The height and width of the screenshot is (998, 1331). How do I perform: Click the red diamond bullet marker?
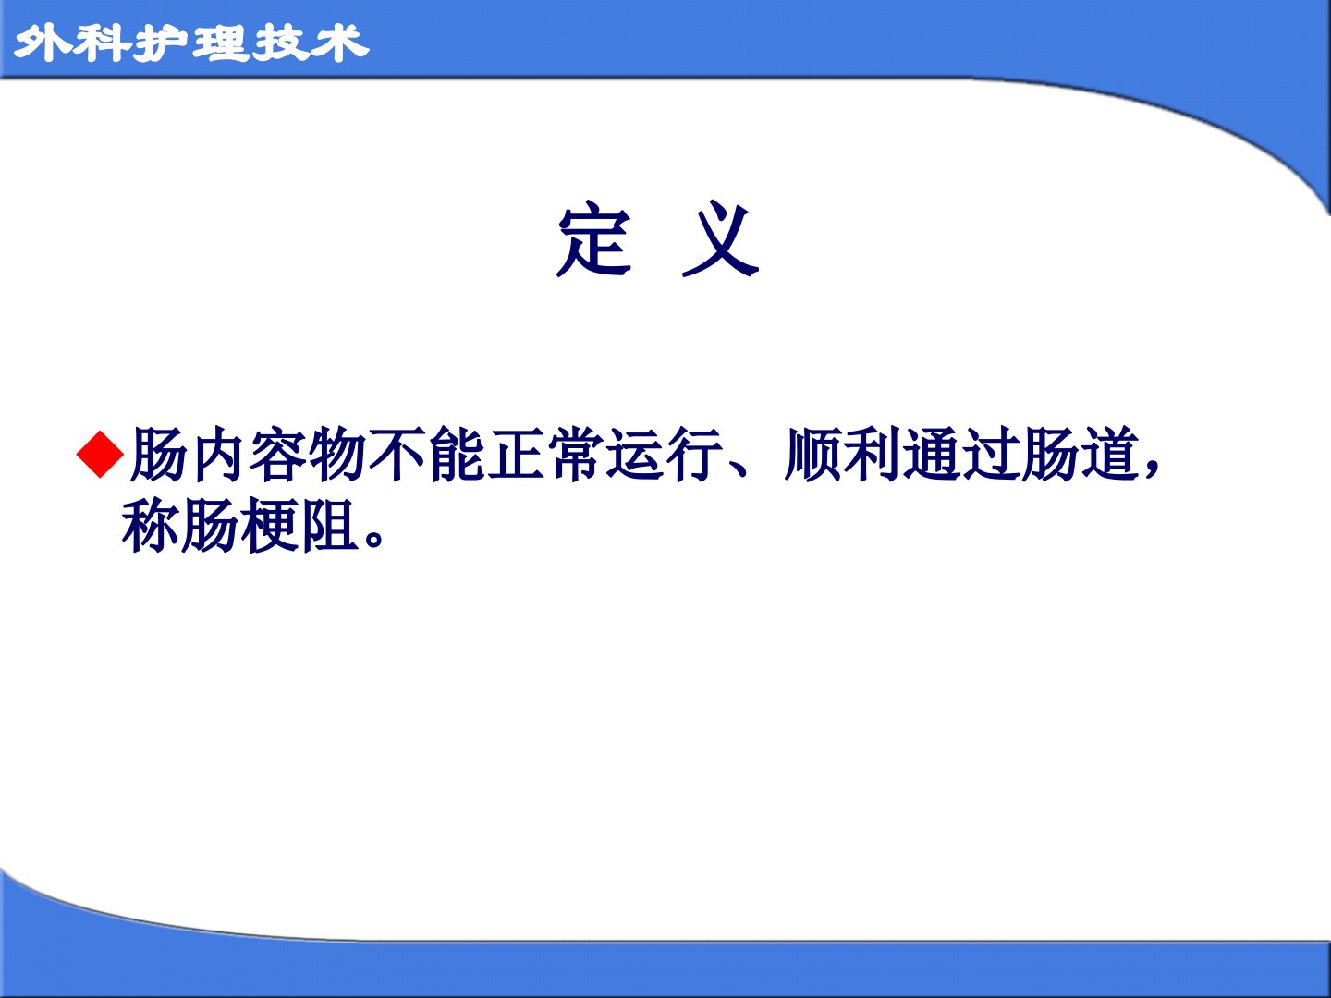pos(100,455)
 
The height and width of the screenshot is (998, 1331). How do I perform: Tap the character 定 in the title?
pos(593,239)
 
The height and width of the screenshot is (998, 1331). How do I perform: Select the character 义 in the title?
pos(720,239)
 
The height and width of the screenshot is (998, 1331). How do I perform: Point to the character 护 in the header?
pos(162,43)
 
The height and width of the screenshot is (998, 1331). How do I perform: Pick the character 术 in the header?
pos(340,43)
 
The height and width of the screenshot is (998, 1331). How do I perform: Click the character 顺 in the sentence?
pos(812,455)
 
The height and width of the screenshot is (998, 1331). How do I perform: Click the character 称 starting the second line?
pos(150,526)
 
